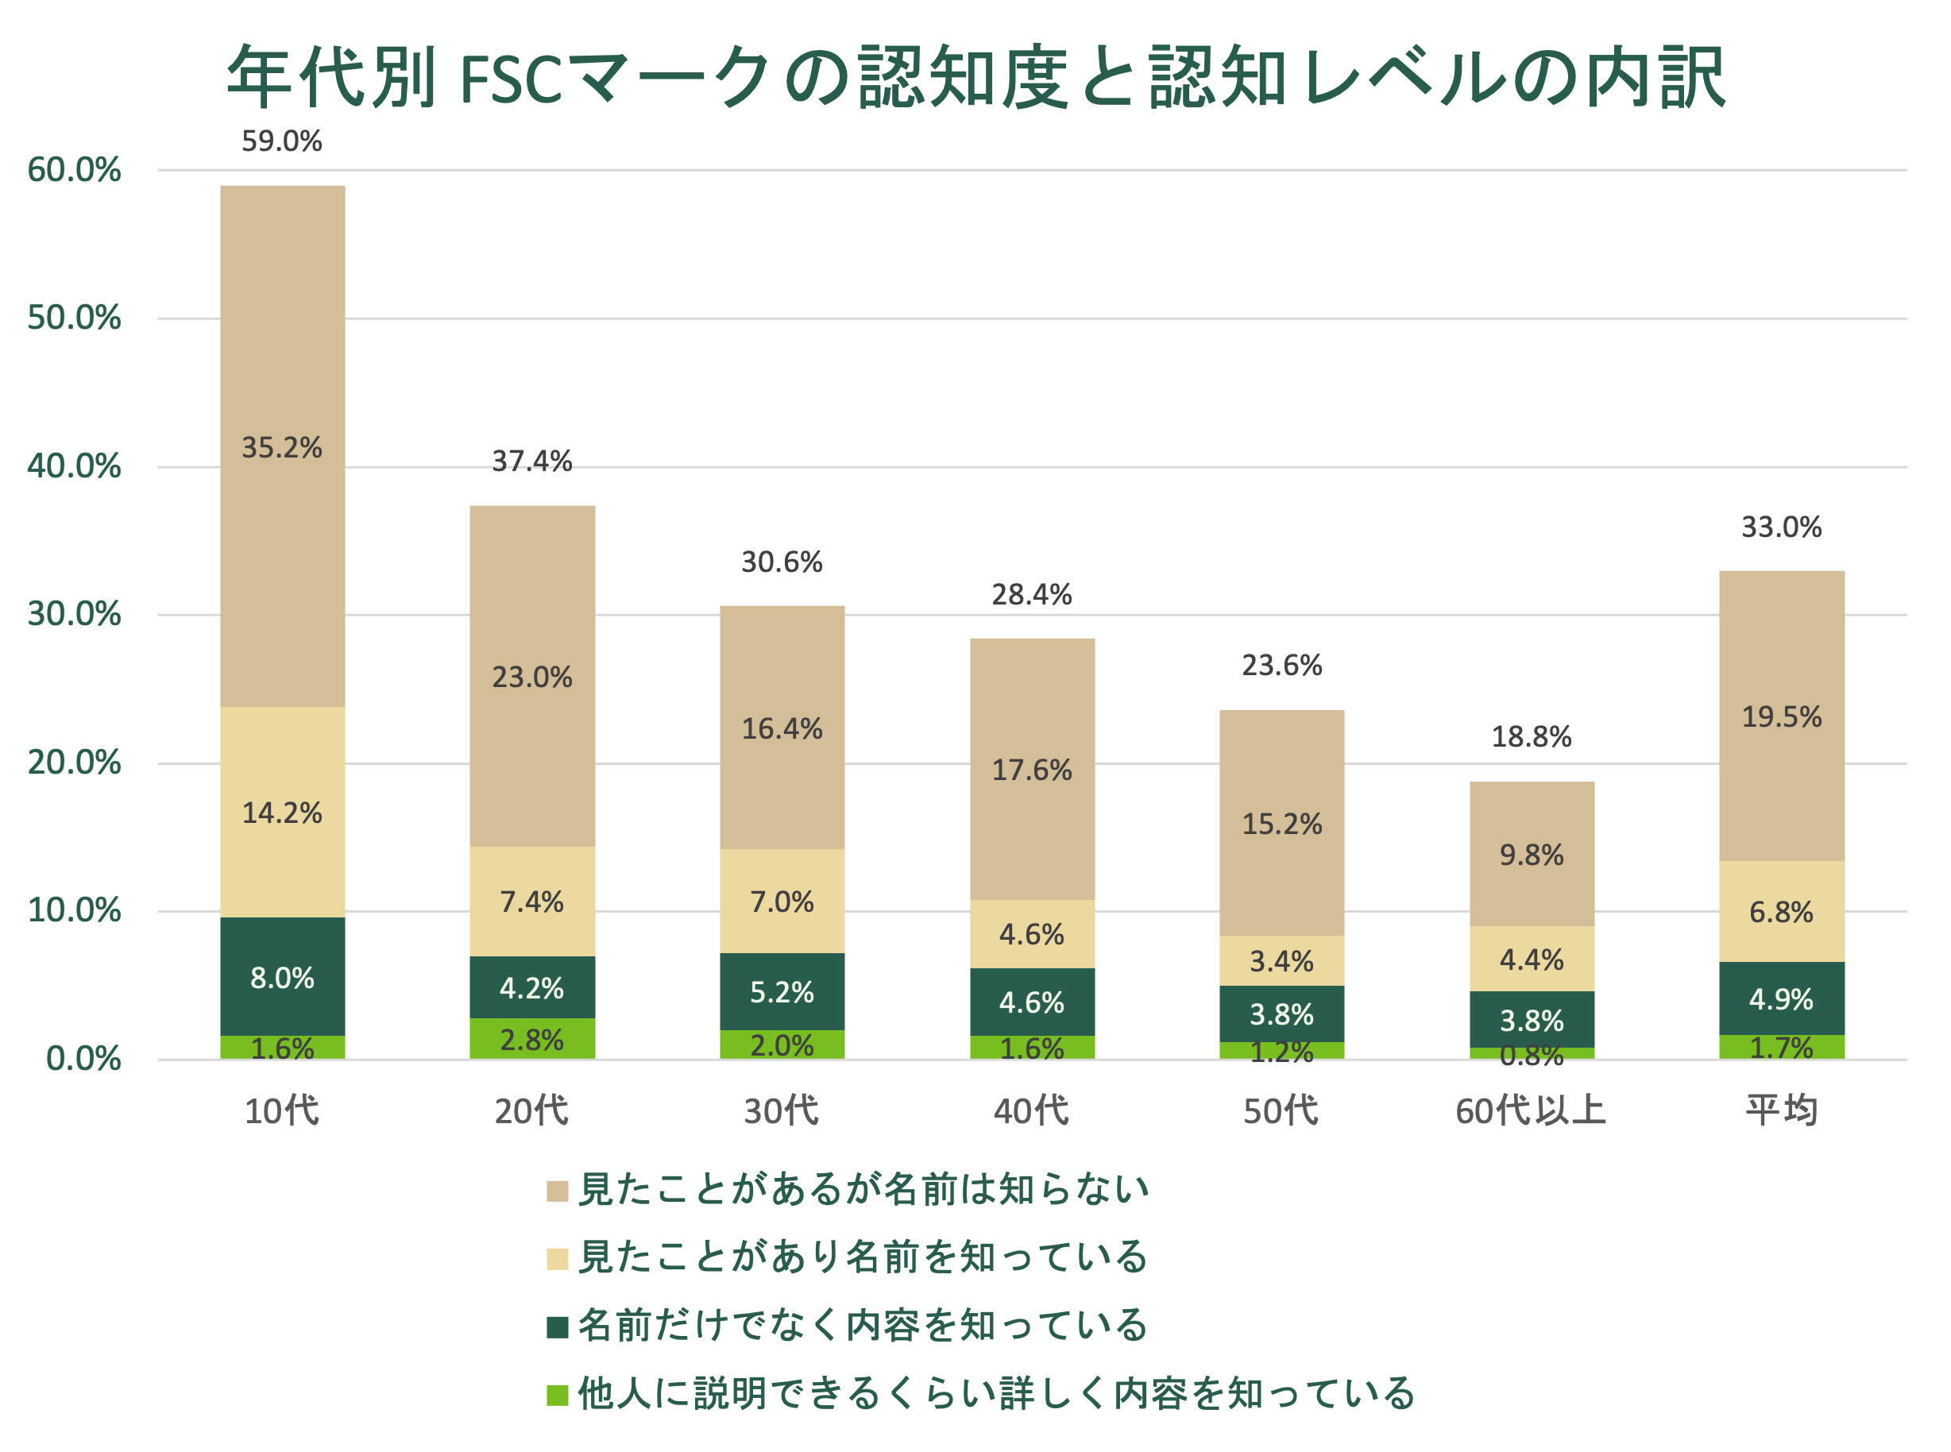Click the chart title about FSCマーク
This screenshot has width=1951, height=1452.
pos(975,77)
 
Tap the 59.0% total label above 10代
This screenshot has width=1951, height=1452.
pos(281,141)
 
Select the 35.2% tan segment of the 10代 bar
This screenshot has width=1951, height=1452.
pos(281,447)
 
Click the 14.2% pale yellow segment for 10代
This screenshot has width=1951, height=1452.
pos(281,812)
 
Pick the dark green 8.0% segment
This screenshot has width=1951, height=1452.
pos(281,977)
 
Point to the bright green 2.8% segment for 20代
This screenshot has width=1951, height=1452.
pos(531,1040)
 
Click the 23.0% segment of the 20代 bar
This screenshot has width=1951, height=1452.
pos(531,677)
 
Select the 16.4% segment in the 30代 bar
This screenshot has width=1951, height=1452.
pos(782,728)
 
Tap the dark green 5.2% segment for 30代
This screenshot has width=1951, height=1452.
pos(782,992)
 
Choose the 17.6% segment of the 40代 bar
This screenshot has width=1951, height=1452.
pos(1032,770)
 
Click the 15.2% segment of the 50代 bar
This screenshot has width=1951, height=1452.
pos(1281,824)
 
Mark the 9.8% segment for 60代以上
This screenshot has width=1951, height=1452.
pos(1531,855)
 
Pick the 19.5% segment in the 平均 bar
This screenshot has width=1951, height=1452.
pos(1781,716)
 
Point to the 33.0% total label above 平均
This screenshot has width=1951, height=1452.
pos(1781,527)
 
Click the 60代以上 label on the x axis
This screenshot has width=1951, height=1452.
pos(1531,1111)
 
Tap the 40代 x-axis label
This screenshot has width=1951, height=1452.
pos(1032,1111)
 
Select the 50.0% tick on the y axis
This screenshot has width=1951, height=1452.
pos(74,319)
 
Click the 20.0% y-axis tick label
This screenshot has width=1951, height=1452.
pos(74,763)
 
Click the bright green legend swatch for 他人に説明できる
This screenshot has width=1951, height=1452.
pos(557,1394)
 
